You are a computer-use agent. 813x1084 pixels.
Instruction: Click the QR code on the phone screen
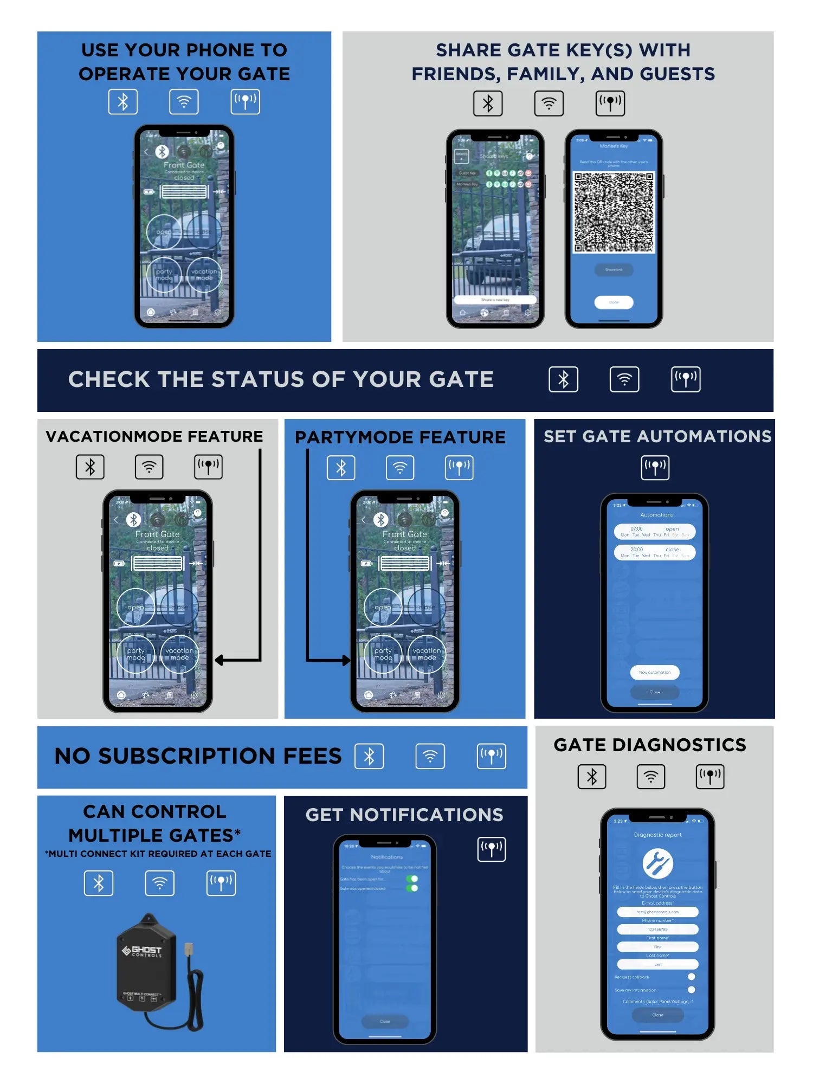pos(614,212)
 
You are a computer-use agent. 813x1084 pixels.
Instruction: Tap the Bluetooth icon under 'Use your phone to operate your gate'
pos(123,102)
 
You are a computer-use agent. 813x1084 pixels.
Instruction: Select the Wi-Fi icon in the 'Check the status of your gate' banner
pos(624,379)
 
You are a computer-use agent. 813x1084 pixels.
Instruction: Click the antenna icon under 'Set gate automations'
pos(655,467)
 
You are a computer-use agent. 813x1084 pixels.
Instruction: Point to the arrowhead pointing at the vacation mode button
pos(220,660)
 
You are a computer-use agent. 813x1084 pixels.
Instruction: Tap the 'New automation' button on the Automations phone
pos(655,672)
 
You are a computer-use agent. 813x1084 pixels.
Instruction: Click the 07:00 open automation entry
pos(655,531)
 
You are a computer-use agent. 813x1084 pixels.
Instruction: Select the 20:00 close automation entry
pos(655,552)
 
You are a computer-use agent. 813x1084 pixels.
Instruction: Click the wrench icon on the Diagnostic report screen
pos(657,863)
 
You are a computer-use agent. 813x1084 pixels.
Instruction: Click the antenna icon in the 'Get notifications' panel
pos(491,849)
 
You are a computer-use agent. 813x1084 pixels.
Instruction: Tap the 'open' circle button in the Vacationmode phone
pos(135,607)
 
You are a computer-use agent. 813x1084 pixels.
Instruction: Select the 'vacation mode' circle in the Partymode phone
pos(427,654)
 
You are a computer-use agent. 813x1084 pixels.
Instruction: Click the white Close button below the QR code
pos(614,302)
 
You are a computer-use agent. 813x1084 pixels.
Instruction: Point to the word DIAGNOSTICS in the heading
pos(679,745)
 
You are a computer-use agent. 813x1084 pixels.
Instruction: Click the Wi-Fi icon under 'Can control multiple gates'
pos(160,883)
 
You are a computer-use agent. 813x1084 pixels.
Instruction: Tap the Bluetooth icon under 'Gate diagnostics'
pos(592,777)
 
